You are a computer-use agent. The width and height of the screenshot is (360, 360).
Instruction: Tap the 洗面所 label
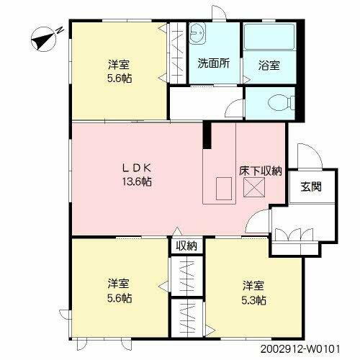click(213, 63)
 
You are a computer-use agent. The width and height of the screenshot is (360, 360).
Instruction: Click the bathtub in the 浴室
click(269, 40)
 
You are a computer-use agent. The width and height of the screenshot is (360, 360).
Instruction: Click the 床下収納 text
click(260, 172)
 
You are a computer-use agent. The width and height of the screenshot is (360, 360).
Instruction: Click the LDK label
click(136, 168)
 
